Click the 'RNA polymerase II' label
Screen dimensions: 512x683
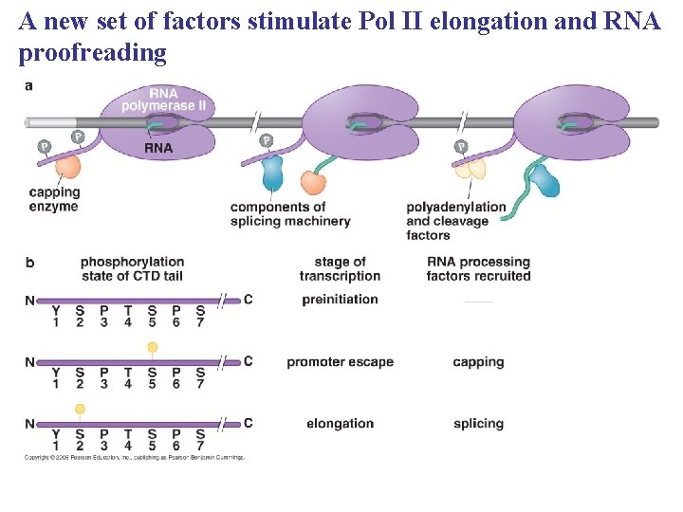(163, 100)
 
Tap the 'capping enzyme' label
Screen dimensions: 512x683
(54, 199)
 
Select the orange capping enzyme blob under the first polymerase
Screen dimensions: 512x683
(66, 167)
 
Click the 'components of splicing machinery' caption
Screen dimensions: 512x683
(289, 214)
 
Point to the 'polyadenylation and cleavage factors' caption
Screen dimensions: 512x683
(455, 221)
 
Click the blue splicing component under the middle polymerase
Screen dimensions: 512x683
(272, 173)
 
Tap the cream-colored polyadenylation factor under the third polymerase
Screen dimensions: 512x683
(471, 169)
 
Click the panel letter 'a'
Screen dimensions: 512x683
(28, 85)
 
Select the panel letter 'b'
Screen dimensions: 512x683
(29, 262)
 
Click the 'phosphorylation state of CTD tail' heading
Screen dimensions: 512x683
(132, 268)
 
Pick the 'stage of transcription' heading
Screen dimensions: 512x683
(340, 268)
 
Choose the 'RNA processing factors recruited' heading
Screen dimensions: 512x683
(478, 268)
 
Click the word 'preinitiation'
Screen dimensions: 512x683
(340, 300)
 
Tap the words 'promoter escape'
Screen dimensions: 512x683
(340, 361)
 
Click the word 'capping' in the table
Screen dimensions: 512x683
(478, 361)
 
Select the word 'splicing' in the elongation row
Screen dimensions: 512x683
(478, 424)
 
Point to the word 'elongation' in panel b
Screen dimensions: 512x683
(340, 424)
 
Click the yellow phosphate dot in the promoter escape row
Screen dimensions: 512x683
(152, 348)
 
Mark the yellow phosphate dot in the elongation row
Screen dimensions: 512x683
(80, 410)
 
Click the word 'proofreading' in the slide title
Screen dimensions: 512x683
(92, 53)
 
